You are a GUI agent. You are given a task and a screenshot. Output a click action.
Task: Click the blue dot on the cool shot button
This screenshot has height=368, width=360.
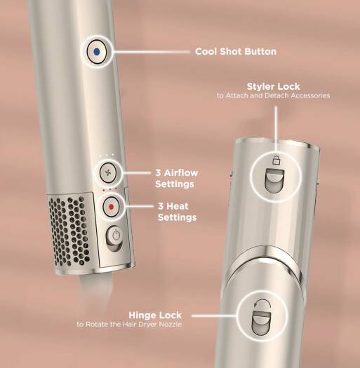(x=96, y=52)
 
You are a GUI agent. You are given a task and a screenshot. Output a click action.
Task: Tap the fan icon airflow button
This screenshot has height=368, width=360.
(x=108, y=173)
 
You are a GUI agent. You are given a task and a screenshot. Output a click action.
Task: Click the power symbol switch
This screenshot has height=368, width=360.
(x=114, y=238)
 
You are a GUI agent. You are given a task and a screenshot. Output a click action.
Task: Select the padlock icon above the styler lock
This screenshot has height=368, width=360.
(x=276, y=160)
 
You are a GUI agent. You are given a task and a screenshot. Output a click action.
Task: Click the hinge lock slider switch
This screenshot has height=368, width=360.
(x=262, y=322)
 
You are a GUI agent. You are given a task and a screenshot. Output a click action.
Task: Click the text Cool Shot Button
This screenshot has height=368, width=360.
(x=236, y=52)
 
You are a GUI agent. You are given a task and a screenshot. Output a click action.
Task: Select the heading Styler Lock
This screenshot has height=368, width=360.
(x=273, y=87)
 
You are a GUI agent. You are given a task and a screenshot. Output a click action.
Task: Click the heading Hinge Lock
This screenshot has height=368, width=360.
(x=155, y=315)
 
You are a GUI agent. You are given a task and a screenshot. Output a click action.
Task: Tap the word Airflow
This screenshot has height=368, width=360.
(x=181, y=173)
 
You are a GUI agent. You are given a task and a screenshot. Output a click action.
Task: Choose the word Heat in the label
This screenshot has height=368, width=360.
(x=176, y=206)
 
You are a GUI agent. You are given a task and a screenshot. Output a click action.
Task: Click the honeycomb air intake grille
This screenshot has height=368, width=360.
(x=69, y=231)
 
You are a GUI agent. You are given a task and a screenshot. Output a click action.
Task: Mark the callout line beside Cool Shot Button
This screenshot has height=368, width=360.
(x=152, y=52)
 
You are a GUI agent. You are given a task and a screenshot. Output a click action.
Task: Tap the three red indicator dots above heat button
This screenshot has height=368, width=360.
(x=109, y=189)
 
